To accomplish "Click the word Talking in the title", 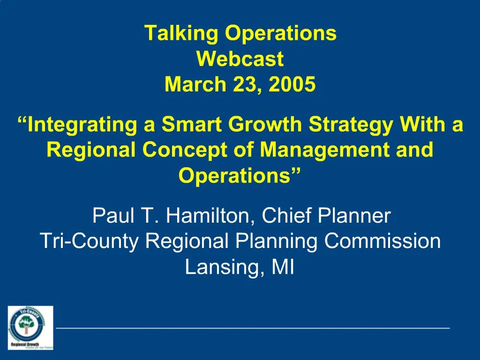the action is click(181, 33).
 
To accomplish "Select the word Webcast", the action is click(240, 59).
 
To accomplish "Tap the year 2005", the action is click(292, 84).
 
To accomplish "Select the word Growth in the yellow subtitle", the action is click(265, 124).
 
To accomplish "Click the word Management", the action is click(324, 150).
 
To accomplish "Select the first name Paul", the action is click(113, 216).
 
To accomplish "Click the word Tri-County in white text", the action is click(89, 241).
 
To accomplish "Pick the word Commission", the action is click(382, 241).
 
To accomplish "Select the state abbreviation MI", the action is click(283, 267).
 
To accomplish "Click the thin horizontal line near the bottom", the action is click(253, 328).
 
